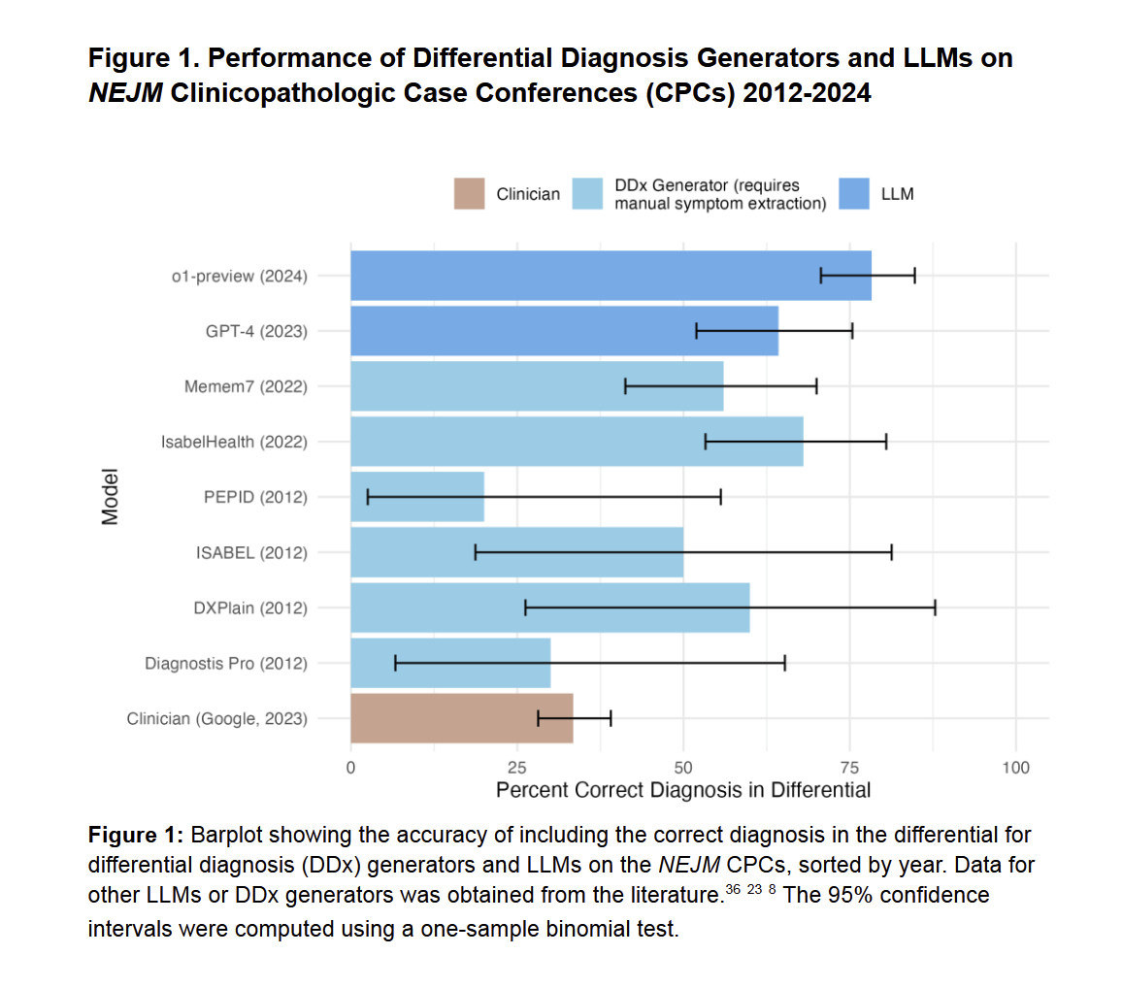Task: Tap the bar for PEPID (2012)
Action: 417,497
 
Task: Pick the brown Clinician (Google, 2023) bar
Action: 461,718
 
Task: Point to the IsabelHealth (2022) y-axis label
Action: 234,442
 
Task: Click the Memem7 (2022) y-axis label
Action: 246,386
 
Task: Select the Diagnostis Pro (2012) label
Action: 226,664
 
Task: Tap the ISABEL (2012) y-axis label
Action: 251,552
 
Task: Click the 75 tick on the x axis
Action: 850,768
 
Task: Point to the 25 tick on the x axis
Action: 517,768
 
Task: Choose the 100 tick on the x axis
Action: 1015,768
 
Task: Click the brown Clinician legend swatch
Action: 470,193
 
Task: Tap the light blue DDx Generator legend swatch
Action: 589,193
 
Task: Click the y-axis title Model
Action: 110,497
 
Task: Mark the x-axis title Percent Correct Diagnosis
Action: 683,790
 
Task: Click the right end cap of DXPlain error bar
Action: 936,608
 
